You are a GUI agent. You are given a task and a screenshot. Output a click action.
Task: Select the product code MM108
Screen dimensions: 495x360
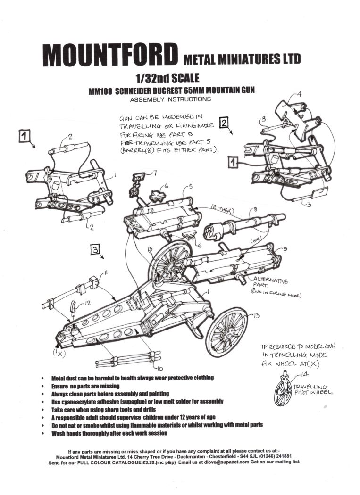tap(100, 91)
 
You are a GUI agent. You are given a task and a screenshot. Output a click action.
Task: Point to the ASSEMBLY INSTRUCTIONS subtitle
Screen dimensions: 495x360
tap(170, 99)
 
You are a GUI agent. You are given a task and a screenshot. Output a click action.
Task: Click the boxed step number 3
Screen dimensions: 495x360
tap(94, 250)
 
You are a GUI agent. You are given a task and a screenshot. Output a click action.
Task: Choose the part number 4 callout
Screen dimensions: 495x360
tap(299, 94)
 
